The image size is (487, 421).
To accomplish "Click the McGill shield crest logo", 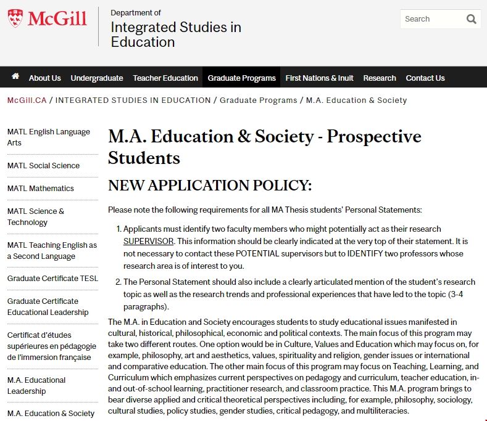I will [x=16, y=18].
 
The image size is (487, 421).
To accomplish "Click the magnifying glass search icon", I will [x=472, y=19].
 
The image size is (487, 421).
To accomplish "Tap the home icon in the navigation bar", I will [x=15, y=77].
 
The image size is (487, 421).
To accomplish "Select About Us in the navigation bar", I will [x=44, y=78].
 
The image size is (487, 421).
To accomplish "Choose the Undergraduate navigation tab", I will [x=97, y=78].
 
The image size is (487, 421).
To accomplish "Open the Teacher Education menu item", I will [x=165, y=78].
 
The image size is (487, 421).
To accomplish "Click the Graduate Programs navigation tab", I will [x=241, y=78].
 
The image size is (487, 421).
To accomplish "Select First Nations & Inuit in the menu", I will [x=319, y=78].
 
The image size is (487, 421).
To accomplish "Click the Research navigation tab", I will [x=380, y=78].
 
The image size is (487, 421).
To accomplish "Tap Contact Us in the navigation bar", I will [x=425, y=78].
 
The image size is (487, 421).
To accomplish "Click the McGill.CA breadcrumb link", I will [x=27, y=100].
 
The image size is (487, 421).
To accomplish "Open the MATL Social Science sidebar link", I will [x=43, y=165].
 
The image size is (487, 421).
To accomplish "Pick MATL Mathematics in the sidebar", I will [x=41, y=188].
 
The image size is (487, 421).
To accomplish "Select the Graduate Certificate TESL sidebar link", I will [x=52, y=278].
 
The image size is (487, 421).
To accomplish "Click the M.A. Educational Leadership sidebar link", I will [x=36, y=385].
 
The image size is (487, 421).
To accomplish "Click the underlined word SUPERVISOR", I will [x=148, y=241].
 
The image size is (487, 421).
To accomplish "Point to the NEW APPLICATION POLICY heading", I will [x=210, y=186].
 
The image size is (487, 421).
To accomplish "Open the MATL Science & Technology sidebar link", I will [x=36, y=216].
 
